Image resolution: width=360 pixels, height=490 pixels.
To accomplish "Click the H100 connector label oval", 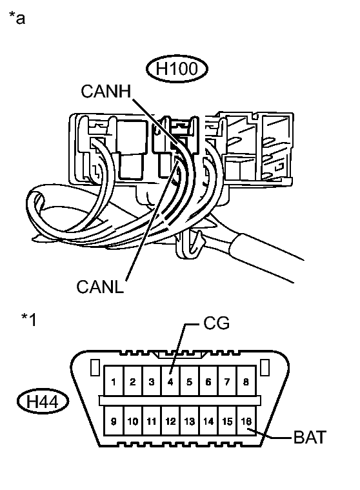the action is (177, 68).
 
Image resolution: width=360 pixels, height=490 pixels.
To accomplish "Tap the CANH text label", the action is (106, 91).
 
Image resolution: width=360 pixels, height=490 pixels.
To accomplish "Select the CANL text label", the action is (100, 287).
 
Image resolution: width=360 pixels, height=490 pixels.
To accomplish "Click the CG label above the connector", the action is (216, 323).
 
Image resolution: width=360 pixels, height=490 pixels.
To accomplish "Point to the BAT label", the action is (310, 437).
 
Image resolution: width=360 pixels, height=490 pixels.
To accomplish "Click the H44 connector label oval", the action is (43, 402).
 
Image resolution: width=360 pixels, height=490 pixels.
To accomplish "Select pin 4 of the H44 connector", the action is (170, 380).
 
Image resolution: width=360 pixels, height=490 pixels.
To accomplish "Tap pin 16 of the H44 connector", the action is (246, 420).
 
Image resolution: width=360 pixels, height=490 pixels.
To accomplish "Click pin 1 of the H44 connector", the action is (114, 380).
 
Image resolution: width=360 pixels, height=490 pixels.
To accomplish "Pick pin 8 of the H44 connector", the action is (246, 380).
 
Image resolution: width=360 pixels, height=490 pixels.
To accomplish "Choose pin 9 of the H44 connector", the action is (114, 420).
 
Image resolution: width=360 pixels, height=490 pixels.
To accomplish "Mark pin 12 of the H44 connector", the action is (170, 420).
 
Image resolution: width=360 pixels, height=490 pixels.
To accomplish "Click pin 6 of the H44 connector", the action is (208, 380).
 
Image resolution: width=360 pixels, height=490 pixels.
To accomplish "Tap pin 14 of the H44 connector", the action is (208, 420).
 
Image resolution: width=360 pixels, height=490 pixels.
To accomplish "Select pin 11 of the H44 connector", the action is (152, 420).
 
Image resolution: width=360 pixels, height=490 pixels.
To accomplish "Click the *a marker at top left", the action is (17, 17).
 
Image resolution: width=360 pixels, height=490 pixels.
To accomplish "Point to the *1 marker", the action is (29, 320).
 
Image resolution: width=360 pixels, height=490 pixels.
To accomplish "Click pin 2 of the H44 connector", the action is (133, 380).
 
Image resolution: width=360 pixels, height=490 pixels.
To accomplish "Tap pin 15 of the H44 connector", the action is (227, 420).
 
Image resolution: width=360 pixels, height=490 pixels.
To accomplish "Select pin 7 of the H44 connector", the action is (227, 380).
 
